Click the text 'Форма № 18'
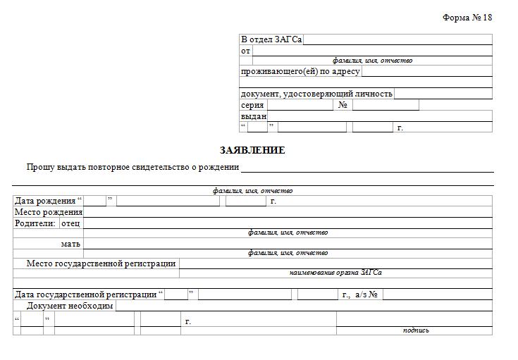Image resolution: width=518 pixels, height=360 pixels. point(467,18)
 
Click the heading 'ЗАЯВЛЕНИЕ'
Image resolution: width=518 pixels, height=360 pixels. point(252,150)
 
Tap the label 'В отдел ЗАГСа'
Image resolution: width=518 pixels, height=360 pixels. point(271,39)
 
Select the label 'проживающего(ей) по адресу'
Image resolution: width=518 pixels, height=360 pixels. point(300,71)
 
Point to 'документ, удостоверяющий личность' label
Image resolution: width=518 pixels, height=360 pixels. point(316,94)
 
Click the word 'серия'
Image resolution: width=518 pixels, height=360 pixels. point(252,105)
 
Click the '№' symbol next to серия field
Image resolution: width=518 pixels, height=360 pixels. point(343,105)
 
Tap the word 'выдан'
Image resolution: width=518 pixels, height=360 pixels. point(254,116)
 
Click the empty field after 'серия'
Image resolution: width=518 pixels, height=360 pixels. point(300,105)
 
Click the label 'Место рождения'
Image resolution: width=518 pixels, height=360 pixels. point(49,212)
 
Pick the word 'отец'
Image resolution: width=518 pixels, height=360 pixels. point(71,223)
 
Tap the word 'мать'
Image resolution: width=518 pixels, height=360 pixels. point(71,244)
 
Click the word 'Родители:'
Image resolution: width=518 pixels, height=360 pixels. point(35,223)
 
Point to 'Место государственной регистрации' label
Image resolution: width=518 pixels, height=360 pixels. point(101,263)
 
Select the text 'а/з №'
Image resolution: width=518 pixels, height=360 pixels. point(367,294)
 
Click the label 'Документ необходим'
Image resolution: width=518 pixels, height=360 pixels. point(70,306)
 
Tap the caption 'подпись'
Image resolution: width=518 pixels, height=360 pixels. point(416,330)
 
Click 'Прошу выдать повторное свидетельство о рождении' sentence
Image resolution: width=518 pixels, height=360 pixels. point(132,167)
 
